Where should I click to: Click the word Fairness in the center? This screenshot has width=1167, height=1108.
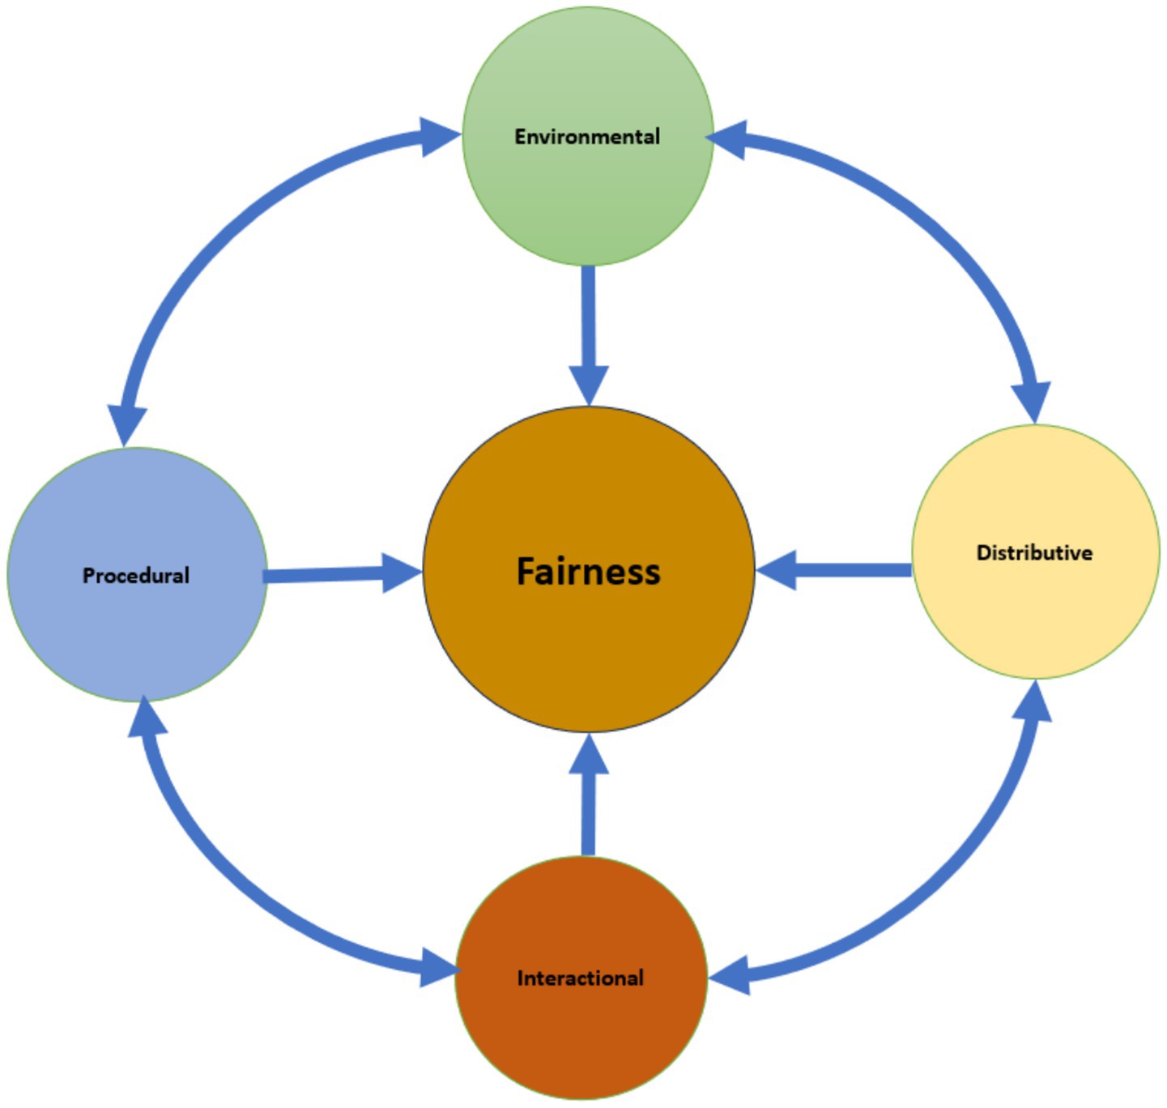pyautogui.click(x=589, y=571)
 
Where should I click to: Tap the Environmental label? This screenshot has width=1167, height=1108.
pyautogui.click(x=587, y=136)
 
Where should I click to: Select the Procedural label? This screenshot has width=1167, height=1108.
pyautogui.click(x=136, y=575)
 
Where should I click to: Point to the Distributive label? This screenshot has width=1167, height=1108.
pyautogui.click(x=1034, y=552)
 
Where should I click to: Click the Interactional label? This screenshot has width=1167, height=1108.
pyautogui.click(x=580, y=978)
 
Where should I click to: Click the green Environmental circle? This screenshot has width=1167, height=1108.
pyautogui.click(x=587, y=202)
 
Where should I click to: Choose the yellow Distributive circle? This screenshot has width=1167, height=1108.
pyautogui.click(x=1035, y=616)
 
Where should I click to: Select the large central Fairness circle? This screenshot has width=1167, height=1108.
pyautogui.click(x=589, y=648)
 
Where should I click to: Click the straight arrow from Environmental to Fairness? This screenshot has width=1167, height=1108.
pyautogui.click(x=589, y=324)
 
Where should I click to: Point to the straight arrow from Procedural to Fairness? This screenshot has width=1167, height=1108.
pyautogui.click(x=332, y=574)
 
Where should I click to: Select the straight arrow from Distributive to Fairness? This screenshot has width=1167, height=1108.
pyautogui.click(x=842, y=570)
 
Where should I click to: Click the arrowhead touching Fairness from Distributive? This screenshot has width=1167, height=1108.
pyautogui.click(x=777, y=570)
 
